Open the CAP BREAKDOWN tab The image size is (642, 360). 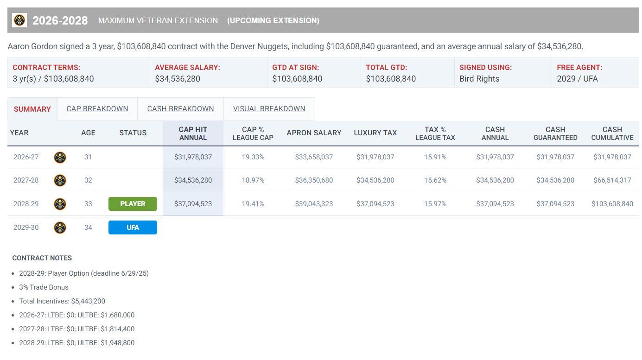coord(97,109)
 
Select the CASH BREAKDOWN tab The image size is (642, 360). coord(180,109)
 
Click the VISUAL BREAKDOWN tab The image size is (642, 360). coord(269,109)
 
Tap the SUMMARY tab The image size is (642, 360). coord(32,109)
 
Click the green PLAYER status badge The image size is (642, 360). coord(133,204)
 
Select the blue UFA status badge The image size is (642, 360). coord(133,227)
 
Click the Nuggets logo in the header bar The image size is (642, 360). coord(19,20)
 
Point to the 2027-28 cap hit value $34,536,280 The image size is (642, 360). coord(193,180)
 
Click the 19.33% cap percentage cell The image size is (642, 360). coord(253,157)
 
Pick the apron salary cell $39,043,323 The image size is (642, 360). coord(314,204)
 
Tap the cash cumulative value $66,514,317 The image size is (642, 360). coord(612,180)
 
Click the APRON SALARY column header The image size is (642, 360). coord(314,133)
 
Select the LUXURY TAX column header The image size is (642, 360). coord(375,133)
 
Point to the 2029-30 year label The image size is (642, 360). coord(26,227)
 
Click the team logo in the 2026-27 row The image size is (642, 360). coord(60,157)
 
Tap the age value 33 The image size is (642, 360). coord(88,204)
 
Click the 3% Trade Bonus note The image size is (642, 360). coord(44,287)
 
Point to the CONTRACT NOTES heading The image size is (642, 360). coord(42,258)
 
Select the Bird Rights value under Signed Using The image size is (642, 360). coord(479,79)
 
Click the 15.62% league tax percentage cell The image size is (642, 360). coord(435,180)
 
